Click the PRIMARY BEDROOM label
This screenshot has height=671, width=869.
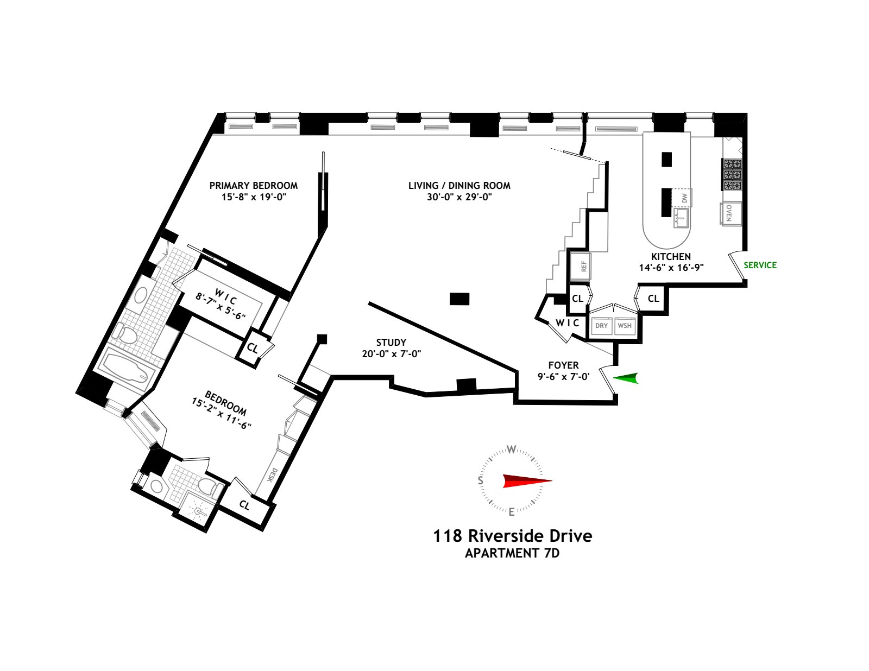coord(253,185)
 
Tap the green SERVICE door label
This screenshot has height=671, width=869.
coord(760,265)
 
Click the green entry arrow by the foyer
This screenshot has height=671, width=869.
coord(626,378)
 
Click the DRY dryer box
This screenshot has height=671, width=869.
coord(601,326)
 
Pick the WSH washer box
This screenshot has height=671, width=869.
coord(625,326)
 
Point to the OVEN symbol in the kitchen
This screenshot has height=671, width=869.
coord(729,213)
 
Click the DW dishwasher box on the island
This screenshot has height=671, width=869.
coord(684,198)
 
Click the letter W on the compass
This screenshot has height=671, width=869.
coord(511,449)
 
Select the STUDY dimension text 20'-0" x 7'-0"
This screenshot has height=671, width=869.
coord(391,353)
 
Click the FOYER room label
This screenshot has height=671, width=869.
coord(563,365)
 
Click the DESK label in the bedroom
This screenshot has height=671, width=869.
coord(273,475)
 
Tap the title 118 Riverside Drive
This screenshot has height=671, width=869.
coord(512,536)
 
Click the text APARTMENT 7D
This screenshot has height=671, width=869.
coord(512,553)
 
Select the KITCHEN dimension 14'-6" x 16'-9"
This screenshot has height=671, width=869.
coord(671,267)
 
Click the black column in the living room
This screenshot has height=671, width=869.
coord(459,299)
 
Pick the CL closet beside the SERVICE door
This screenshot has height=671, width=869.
coord(653,299)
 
